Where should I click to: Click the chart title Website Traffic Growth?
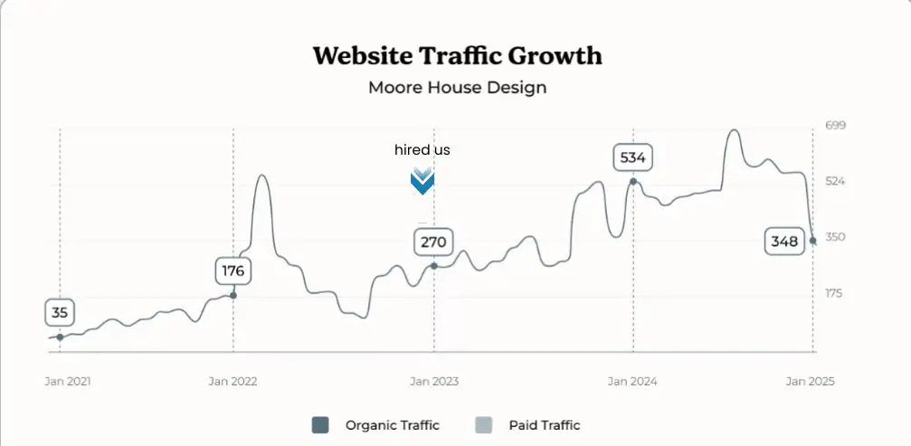[x=457, y=55]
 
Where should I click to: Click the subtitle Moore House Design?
[x=457, y=88]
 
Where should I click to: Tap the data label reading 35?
[x=60, y=313]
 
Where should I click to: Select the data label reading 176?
[x=232, y=270]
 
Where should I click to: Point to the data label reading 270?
[x=433, y=242]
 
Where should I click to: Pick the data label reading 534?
[x=632, y=157]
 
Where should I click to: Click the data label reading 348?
[x=783, y=242]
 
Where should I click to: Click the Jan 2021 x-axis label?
[x=68, y=381]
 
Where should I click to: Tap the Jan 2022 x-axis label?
[x=232, y=381]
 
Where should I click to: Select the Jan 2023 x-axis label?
[x=434, y=381]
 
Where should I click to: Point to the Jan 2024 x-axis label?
[x=632, y=381]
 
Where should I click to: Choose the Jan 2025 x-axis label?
[x=810, y=381]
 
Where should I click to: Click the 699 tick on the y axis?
[x=834, y=125]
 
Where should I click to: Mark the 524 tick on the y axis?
[x=834, y=181]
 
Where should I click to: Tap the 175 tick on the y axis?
[x=834, y=293]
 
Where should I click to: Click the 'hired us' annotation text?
[x=422, y=149]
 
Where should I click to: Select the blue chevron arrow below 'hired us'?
[x=422, y=181]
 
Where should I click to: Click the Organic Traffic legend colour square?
[x=320, y=425]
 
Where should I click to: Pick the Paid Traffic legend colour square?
[x=483, y=425]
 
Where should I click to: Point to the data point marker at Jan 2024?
[x=632, y=182]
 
